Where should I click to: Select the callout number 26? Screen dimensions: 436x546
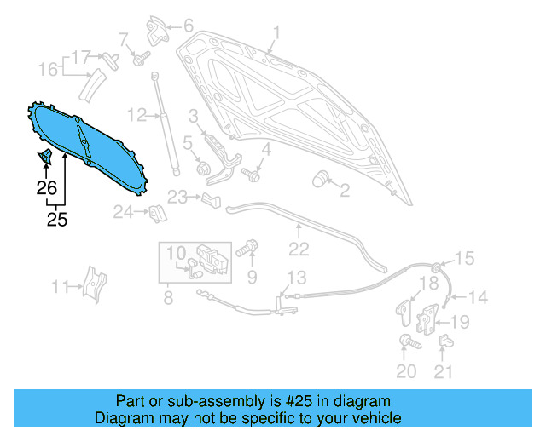(x=46, y=187)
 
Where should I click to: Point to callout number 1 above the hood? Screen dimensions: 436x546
(x=276, y=33)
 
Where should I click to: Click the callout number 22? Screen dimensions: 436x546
(x=298, y=249)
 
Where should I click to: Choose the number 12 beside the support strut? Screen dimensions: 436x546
(x=137, y=115)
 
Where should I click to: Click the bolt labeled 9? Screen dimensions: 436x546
(x=247, y=250)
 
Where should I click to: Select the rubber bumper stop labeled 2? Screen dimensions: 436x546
(x=322, y=178)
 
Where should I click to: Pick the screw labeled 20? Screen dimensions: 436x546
(x=406, y=342)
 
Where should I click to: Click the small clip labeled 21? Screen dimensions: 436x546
(x=444, y=343)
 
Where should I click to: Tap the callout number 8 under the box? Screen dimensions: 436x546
(x=168, y=298)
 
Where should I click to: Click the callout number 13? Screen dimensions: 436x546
(x=295, y=277)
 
